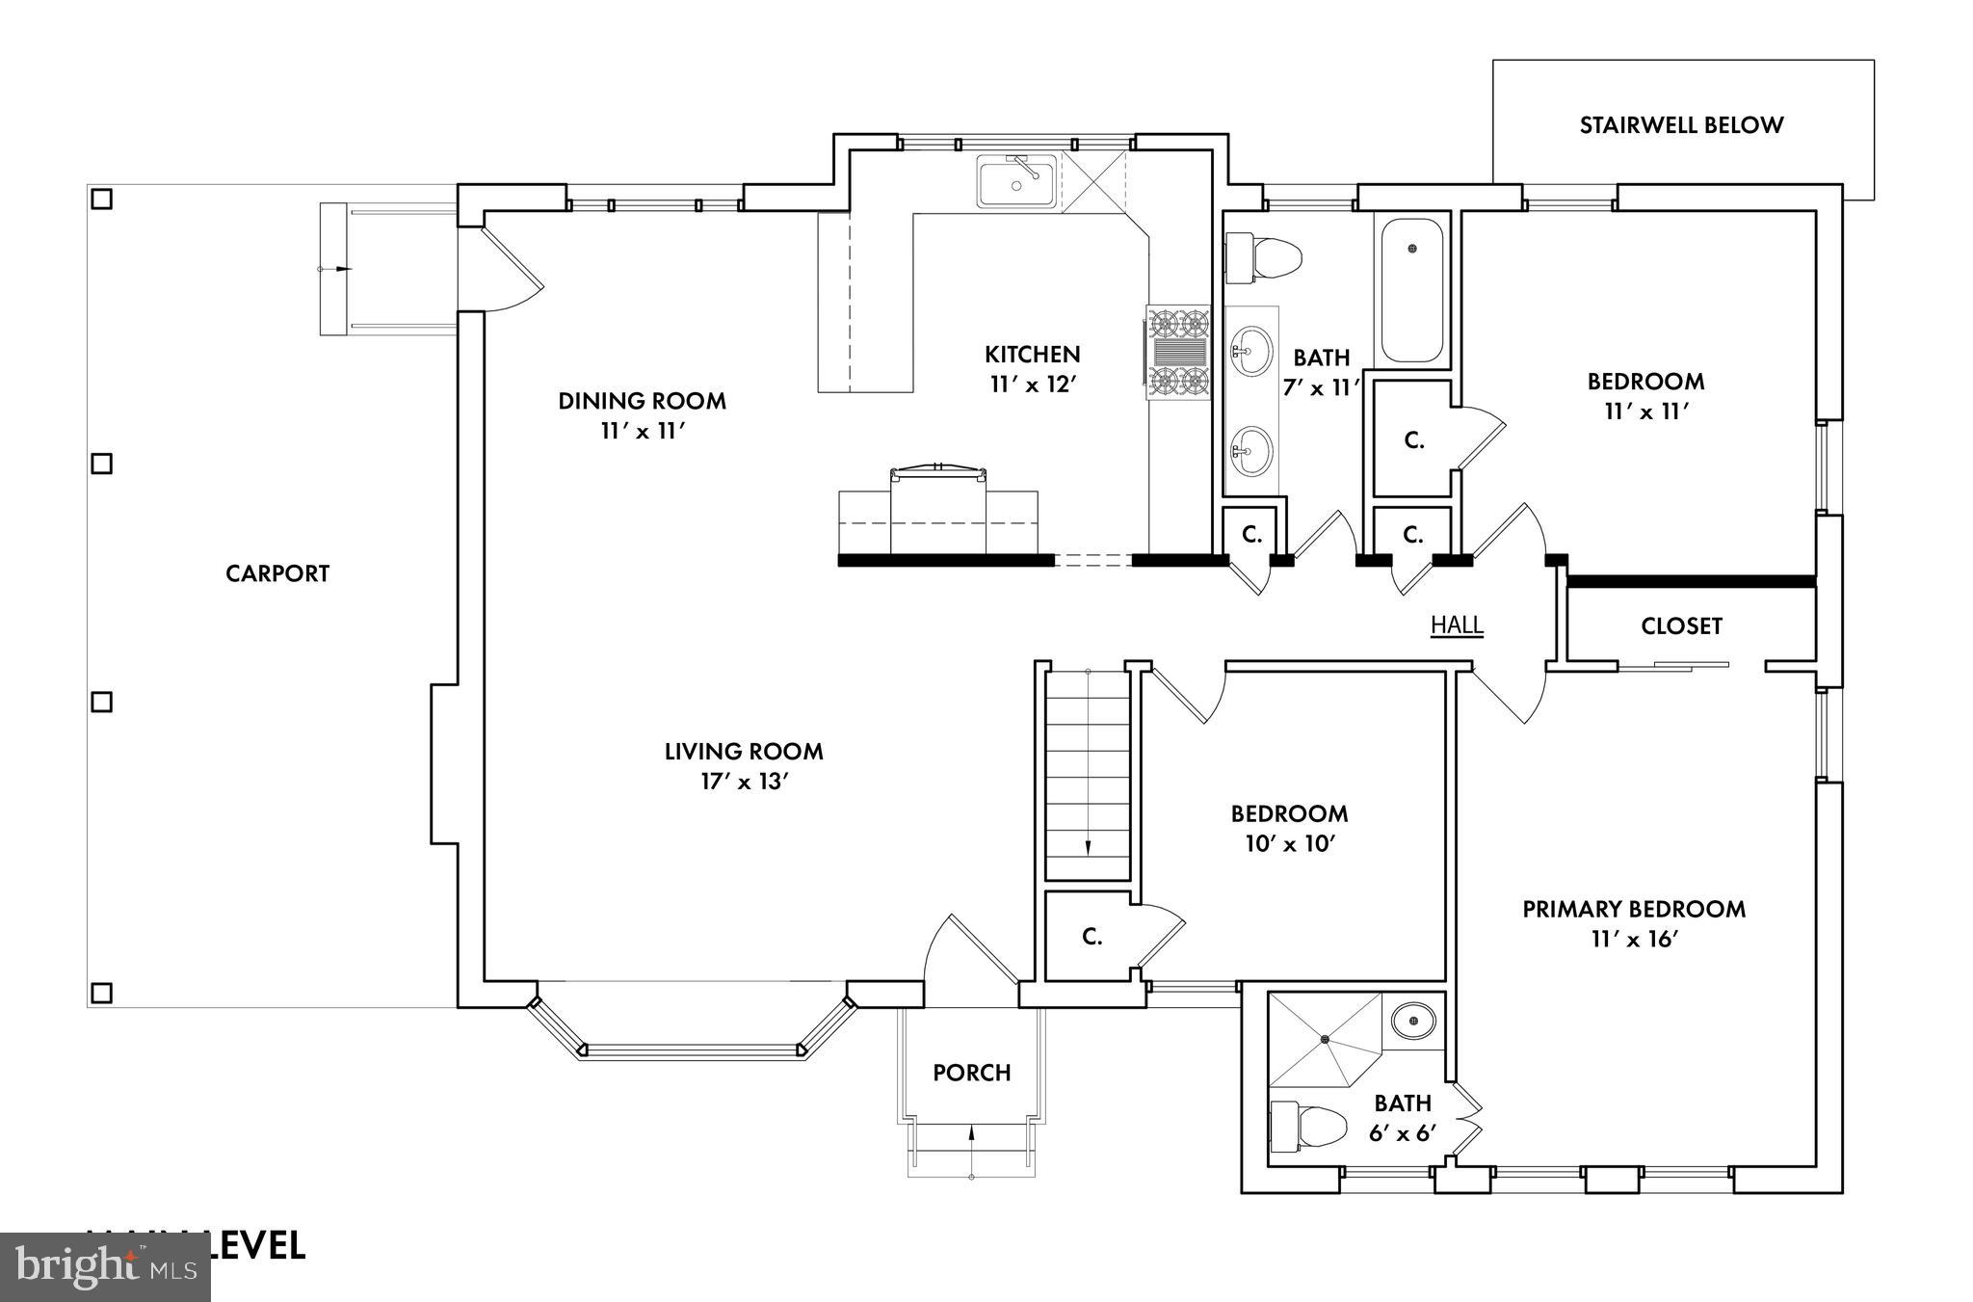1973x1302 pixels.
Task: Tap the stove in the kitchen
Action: [x=1177, y=352]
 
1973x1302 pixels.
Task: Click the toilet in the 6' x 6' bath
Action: [x=1307, y=1127]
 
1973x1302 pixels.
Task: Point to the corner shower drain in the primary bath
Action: [x=1326, y=1039]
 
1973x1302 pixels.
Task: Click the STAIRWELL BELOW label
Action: [x=1681, y=125]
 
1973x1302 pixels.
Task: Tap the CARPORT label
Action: [x=277, y=573]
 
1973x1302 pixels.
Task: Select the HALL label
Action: [x=1457, y=625]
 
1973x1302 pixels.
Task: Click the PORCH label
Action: [x=971, y=1073]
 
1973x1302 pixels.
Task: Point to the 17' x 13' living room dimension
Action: [x=745, y=782]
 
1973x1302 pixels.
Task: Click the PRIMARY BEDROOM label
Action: [x=1634, y=909]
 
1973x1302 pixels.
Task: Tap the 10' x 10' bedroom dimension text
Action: [x=1289, y=844]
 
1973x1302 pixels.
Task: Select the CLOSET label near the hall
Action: [x=1681, y=626]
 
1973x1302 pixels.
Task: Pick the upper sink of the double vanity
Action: [x=1251, y=352]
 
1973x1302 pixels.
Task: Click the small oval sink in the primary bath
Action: [x=1413, y=1019]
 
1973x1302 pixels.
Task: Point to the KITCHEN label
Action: [x=1032, y=354]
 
